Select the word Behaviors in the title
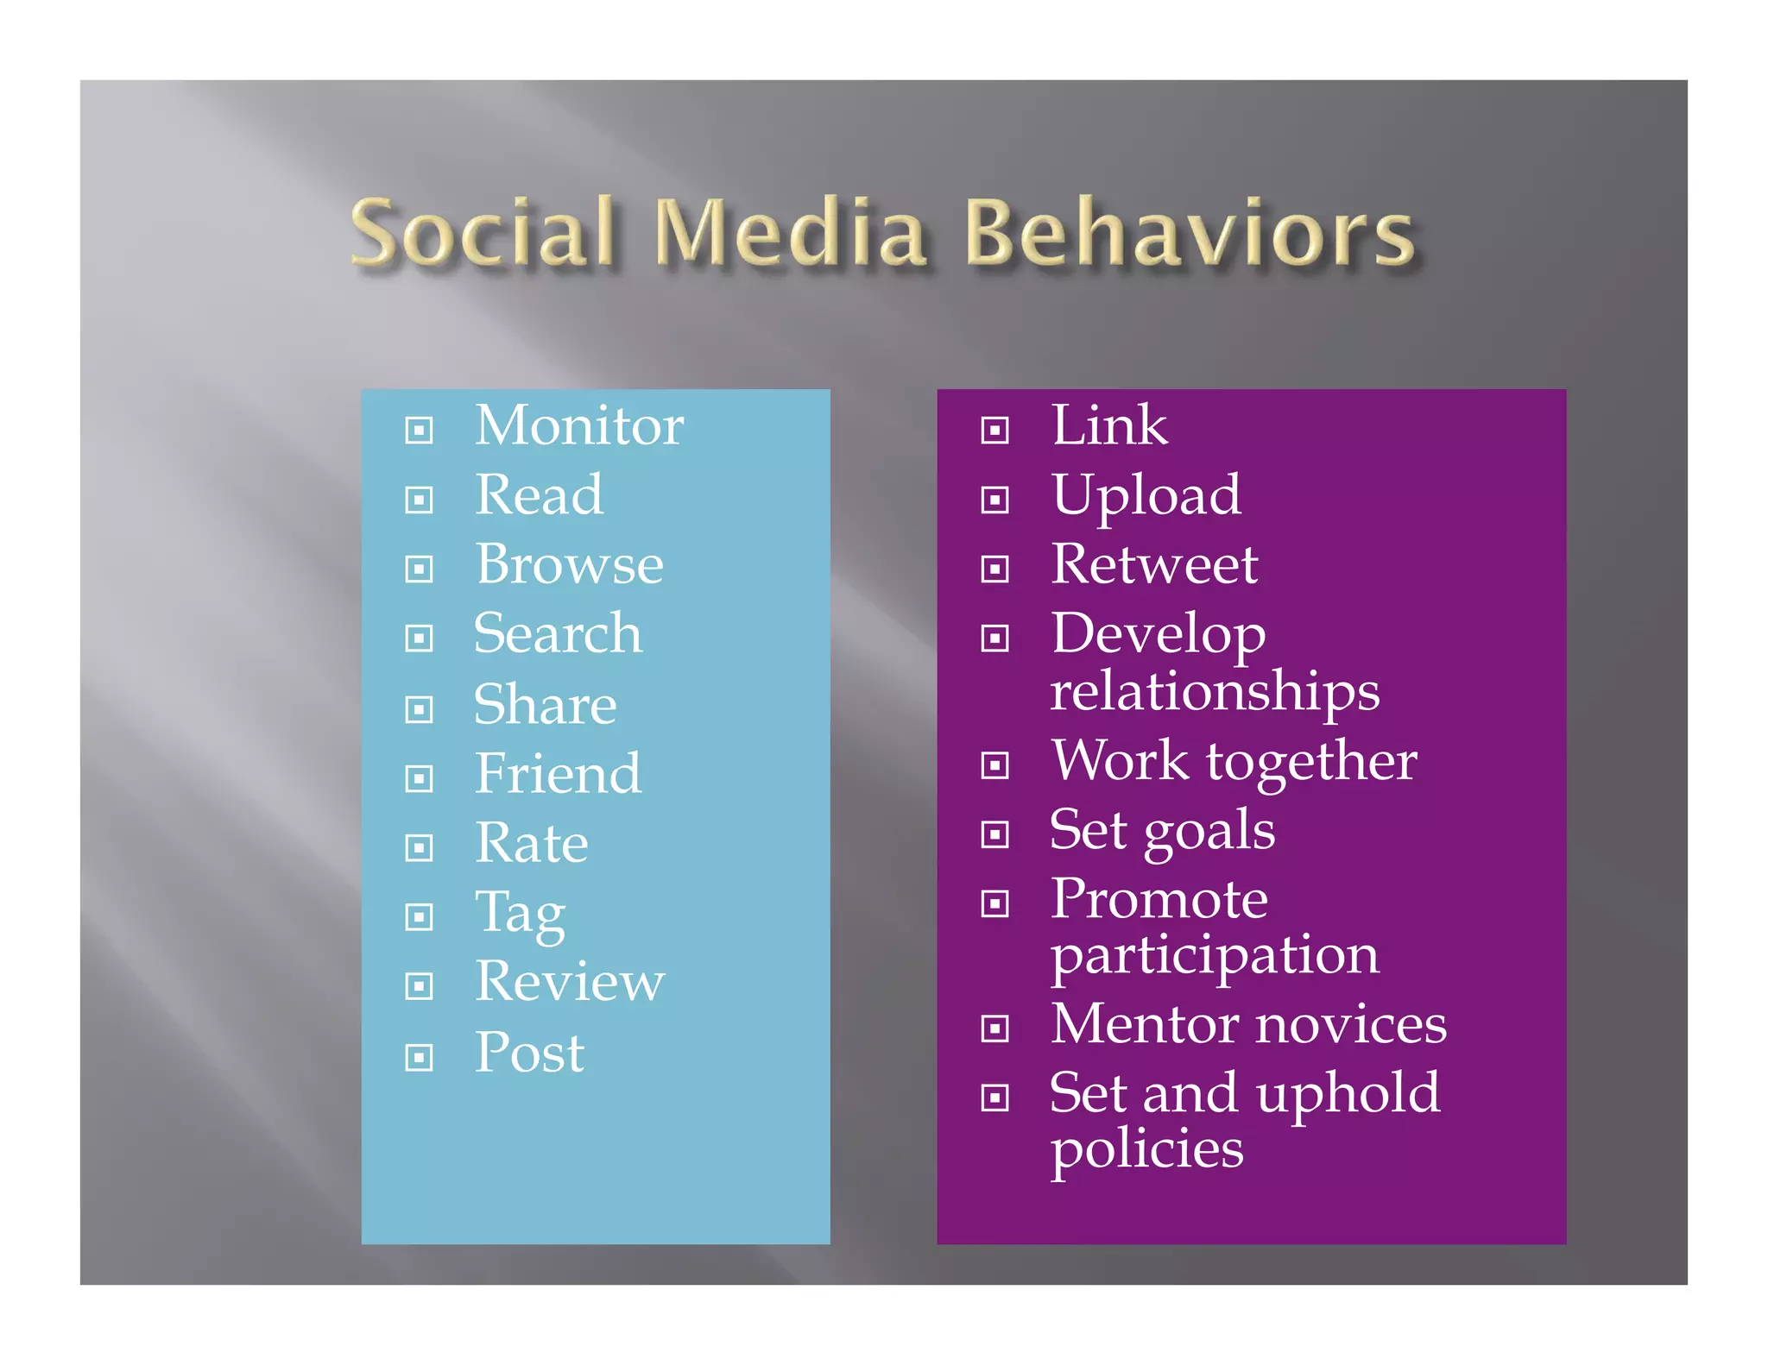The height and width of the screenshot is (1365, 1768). [1188, 231]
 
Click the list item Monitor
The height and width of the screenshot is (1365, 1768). [579, 425]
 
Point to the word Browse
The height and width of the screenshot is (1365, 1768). [570, 564]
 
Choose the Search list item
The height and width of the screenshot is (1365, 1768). [559, 633]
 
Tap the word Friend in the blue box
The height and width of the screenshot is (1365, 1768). [559, 773]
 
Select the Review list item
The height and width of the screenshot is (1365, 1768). [570, 982]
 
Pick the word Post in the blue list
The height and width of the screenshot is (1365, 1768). [530, 1053]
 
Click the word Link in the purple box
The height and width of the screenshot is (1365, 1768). [1109, 425]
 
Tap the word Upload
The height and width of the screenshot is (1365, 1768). [1146, 495]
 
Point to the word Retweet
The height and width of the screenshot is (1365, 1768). [1154, 564]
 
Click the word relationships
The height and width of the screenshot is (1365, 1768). [1215, 692]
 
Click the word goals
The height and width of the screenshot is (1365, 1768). [1209, 832]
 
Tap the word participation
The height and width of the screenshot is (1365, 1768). [1215, 956]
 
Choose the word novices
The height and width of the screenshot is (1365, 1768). [1351, 1025]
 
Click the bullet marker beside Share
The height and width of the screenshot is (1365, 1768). [419, 709]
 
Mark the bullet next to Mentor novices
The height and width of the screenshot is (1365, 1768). [994, 1028]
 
